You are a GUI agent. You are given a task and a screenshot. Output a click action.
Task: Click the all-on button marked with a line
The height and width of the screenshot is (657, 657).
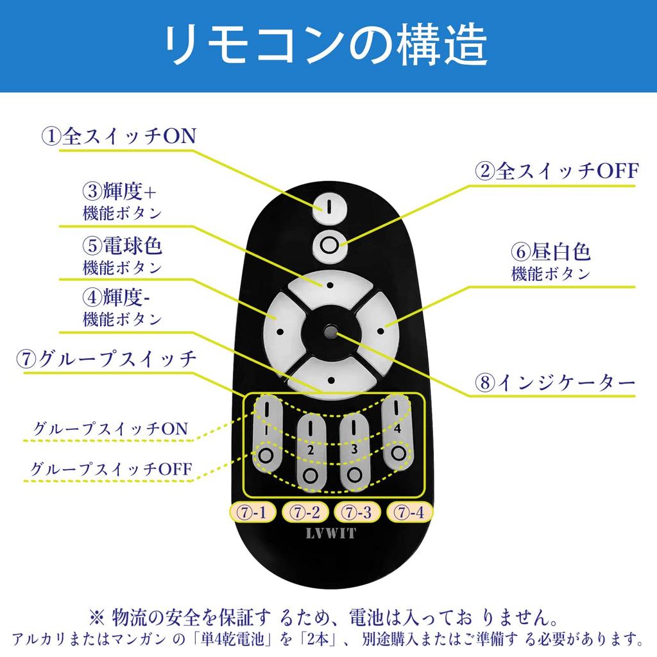pyautogui.click(x=330, y=207)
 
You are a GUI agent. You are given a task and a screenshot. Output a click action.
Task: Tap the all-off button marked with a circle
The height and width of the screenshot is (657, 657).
pyautogui.click(x=330, y=246)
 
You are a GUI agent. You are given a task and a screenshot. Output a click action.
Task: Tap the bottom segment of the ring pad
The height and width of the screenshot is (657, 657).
pyautogui.click(x=331, y=378)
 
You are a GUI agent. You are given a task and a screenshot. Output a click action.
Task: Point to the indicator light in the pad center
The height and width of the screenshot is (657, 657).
pyautogui.click(x=331, y=332)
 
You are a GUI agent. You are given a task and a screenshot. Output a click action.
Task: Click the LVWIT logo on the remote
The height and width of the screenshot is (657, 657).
pyautogui.click(x=331, y=533)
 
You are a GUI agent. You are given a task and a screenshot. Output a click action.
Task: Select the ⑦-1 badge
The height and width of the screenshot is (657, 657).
pyautogui.click(x=252, y=511)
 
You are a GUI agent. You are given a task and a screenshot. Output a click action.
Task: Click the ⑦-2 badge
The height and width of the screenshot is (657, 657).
pyautogui.click(x=305, y=511)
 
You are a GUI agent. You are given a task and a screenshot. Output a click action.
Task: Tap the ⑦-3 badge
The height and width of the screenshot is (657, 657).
pyautogui.click(x=357, y=511)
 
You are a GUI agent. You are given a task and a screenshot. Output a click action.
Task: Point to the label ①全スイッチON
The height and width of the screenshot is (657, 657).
pyautogui.click(x=119, y=136)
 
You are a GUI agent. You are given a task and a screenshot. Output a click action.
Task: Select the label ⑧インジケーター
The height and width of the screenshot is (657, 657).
pyautogui.click(x=555, y=382)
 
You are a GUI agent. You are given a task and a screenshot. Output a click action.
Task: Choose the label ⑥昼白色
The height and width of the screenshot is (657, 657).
pyautogui.click(x=550, y=252)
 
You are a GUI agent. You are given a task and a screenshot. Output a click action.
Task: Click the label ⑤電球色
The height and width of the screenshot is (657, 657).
pyautogui.click(x=122, y=245)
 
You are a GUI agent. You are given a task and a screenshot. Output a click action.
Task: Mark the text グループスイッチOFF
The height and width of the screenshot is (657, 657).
pyautogui.click(x=111, y=468)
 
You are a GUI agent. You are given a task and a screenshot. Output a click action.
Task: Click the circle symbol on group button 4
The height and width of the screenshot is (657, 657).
pyautogui.click(x=398, y=453)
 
